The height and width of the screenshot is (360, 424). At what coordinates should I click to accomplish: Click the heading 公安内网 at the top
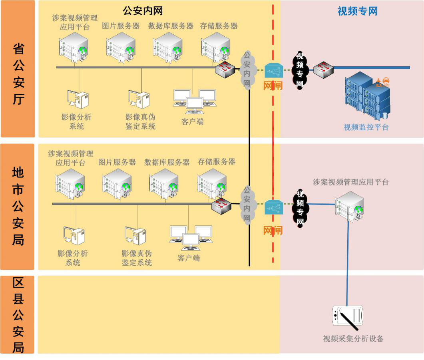tap(143, 11)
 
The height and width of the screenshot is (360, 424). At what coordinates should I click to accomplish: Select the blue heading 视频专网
tap(357, 11)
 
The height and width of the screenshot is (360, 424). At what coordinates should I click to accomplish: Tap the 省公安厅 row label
tap(18, 74)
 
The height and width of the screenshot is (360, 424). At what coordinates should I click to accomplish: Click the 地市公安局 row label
tap(18, 206)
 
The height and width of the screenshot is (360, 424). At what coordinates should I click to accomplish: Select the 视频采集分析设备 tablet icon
tap(348, 316)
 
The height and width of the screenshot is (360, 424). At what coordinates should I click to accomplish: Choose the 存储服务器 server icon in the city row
tap(212, 183)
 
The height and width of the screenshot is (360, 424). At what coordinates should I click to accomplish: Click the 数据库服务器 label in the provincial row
tap(171, 26)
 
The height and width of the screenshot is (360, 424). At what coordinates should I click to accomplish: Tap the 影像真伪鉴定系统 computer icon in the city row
tap(135, 236)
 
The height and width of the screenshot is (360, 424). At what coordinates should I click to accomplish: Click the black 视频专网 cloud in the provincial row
tap(300, 70)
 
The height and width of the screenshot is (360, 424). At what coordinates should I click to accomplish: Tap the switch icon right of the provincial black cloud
tap(323, 70)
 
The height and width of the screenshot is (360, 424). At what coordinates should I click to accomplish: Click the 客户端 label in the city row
tap(189, 258)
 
